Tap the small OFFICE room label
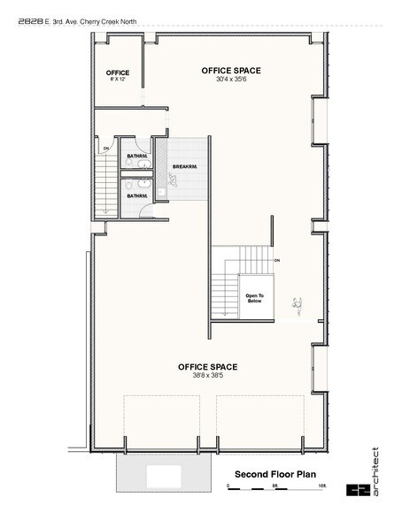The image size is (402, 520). tap(118, 73)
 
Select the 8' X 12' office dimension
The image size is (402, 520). tap(118, 80)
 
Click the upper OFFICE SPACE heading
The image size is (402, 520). tap(232, 70)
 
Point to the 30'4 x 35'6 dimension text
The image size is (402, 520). tap(232, 79)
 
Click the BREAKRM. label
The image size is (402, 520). tap(184, 166)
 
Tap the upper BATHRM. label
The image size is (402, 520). tap(136, 156)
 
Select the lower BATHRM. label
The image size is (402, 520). tap(136, 195)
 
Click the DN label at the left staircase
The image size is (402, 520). tap(105, 148)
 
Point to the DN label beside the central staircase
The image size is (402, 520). tap(277, 260)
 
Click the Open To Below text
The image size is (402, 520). tap(254, 298)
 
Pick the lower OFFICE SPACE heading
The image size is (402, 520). tap(207, 366)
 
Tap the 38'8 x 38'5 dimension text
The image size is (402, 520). tap(207, 375)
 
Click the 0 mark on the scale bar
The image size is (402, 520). tap(229, 487)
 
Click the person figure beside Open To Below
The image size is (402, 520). tap(298, 305)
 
